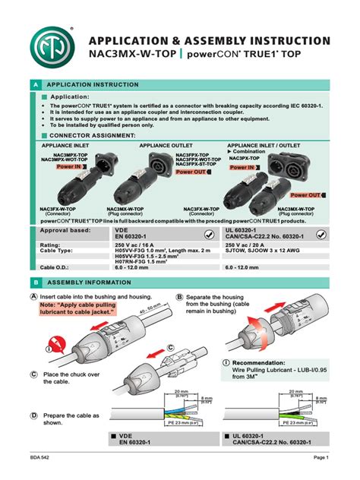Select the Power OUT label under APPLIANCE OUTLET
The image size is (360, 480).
coord(191,172)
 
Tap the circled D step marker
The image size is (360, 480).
coord(34,416)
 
